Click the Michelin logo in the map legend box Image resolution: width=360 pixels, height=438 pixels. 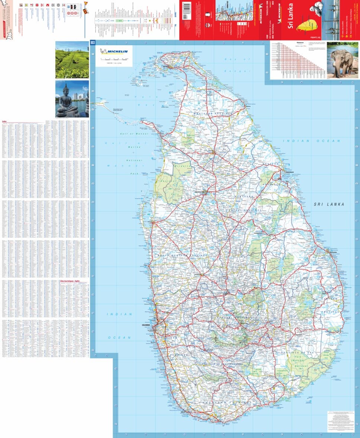114,51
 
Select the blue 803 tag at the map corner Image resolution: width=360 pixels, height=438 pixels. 93,43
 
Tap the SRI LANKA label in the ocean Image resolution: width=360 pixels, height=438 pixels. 329,204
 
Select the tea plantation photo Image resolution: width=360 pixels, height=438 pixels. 72,59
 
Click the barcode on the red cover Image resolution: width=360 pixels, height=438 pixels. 187,7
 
